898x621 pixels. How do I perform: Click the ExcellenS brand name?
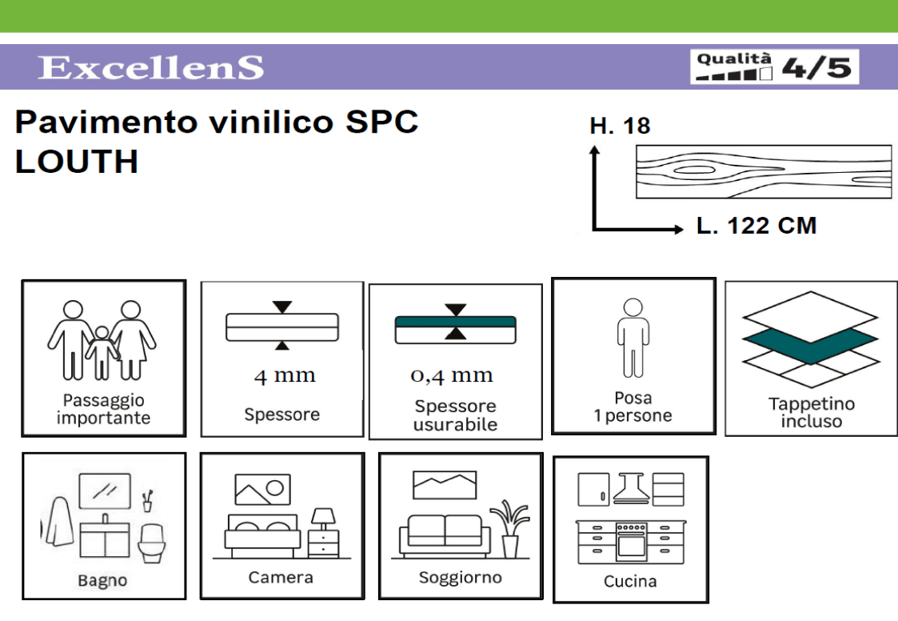click(x=150, y=68)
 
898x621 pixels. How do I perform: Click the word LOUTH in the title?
click(x=77, y=162)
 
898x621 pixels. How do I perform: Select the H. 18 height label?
click(x=620, y=126)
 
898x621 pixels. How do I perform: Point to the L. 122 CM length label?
click(x=756, y=226)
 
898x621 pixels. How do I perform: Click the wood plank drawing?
click(x=763, y=171)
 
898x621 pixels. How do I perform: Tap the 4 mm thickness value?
click(x=284, y=375)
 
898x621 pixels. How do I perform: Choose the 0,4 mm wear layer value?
click(x=452, y=375)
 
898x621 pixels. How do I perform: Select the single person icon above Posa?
click(x=633, y=337)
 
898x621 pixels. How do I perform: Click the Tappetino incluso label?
click(x=811, y=412)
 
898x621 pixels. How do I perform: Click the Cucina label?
click(x=630, y=582)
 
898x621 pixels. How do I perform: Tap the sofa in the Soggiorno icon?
click(x=445, y=535)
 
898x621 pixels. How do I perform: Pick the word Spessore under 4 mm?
click(x=281, y=415)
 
